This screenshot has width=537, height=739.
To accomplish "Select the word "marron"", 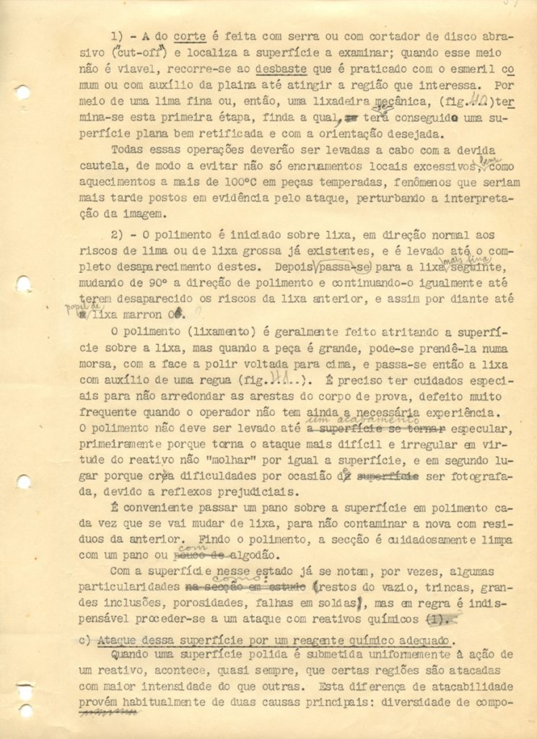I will (x=145, y=314).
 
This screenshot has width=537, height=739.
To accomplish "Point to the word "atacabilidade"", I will (x=473, y=686).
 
